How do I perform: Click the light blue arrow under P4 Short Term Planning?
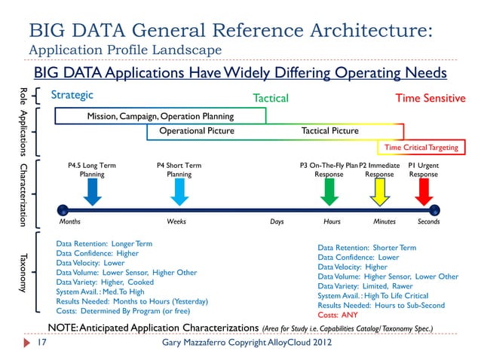coord(179,192)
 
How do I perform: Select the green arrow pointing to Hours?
coord(329,192)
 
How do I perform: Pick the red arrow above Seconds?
coord(424,192)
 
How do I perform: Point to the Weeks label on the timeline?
coord(176,222)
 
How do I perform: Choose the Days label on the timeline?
coord(277,222)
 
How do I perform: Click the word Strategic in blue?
coord(72,95)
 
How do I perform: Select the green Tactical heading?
coord(270,98)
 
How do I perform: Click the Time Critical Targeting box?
coord(421,148)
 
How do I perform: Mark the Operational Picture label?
coord(196,131)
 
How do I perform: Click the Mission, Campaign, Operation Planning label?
coord(160,117)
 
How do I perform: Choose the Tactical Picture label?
coord(329,131)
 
